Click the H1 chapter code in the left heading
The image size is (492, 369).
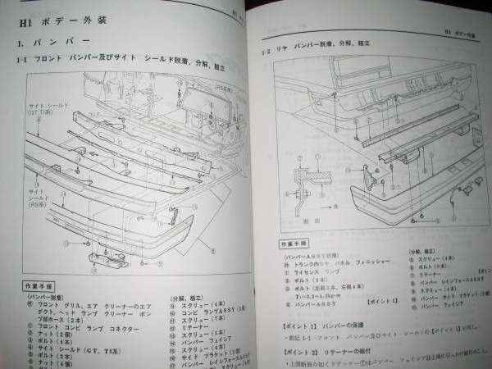(25, 18)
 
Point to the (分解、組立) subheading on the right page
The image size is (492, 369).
(405, 253)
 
